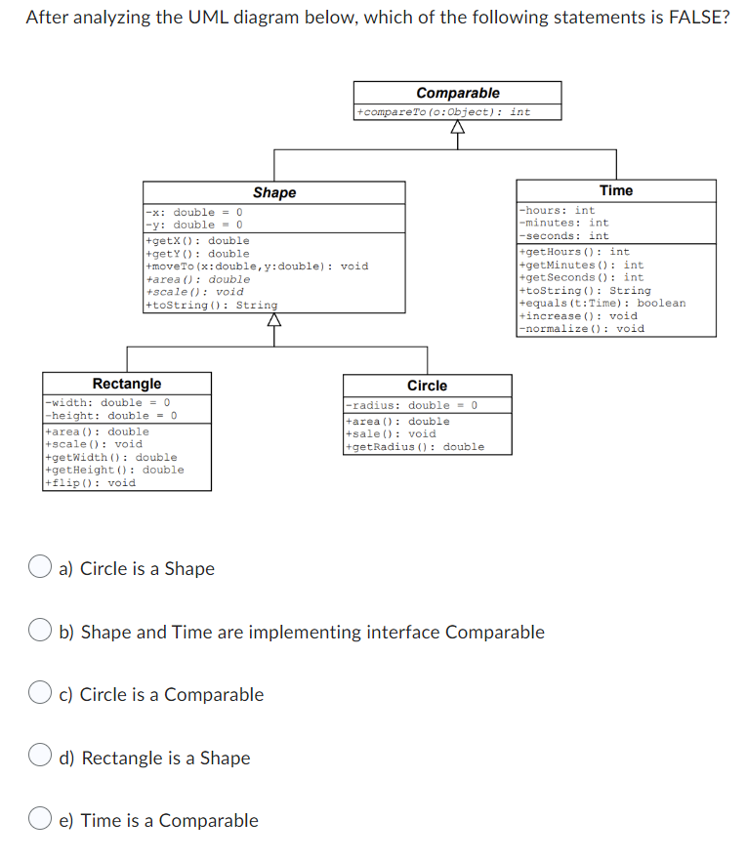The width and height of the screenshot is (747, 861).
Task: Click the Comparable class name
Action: [457, 93]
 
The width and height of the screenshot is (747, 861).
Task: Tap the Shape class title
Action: [274, 192]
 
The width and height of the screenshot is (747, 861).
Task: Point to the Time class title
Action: [615, 190]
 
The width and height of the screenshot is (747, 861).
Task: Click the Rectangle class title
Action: [127, 384]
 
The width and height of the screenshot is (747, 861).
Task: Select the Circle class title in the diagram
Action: [427, 386]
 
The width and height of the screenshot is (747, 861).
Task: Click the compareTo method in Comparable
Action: [444, 112]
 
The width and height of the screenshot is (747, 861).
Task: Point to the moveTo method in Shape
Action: [257, 266]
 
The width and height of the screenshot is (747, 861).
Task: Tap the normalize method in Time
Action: [582, 329]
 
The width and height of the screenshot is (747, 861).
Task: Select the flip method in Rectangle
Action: [91, 482]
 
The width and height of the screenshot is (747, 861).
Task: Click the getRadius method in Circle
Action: [415, 447]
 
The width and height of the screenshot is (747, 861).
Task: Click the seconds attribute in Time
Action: [564, 235]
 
